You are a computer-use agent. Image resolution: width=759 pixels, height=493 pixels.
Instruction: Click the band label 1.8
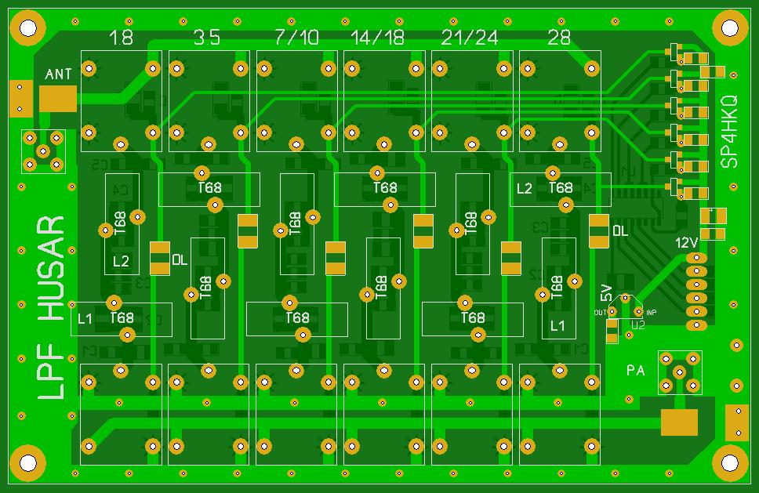click(122, 38)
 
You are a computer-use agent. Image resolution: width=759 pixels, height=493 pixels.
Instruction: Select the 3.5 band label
click(207, 38)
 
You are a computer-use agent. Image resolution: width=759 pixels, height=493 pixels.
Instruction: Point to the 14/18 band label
click(378, 38)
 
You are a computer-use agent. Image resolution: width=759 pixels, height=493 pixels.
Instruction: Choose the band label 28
click(559, 38)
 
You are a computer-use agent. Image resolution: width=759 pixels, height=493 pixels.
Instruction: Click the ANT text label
click(59, 74)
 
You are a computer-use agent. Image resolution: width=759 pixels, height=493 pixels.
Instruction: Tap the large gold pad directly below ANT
click(58, 97)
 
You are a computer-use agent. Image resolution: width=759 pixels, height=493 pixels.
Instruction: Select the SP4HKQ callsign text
click(729, 132)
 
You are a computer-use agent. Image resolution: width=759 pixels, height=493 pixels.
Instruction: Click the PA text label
click(635, 370)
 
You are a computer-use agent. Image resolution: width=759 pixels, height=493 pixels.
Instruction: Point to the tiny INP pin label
click(651, 312)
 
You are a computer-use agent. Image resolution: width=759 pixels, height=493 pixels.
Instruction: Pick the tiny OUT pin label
click(600, 312)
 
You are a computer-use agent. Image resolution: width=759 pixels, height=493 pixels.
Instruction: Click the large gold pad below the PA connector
click(679, 422)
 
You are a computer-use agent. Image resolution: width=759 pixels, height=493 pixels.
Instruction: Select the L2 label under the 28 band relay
click(524, 188)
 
